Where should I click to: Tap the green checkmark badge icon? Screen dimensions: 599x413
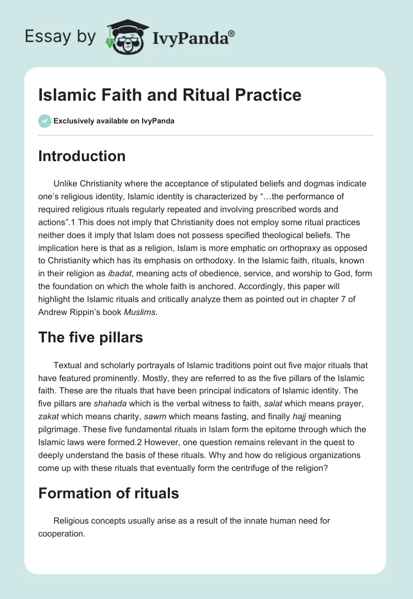pos(44,121)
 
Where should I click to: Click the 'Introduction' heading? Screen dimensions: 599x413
pos(82,156)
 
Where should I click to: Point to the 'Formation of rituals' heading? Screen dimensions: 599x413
pos(108,493)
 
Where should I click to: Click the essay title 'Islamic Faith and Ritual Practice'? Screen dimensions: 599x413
pos(169,95)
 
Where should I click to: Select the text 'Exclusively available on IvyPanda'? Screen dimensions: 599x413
pos(114,121)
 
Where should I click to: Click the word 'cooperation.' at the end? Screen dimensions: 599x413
pos(61,534)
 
